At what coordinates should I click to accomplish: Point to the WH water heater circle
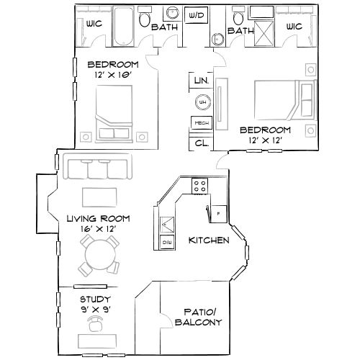tap(202, 102)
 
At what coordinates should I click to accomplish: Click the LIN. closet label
tap(200, 81)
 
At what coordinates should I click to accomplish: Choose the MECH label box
tap(200, 122)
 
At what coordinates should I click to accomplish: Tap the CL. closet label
tap(200, 143)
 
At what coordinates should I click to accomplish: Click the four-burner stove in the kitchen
tap(199, 186)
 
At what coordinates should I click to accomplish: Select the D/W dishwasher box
tap(167, 243)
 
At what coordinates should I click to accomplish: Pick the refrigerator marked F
tap(218, 213)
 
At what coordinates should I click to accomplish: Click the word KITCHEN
tap(209, 240)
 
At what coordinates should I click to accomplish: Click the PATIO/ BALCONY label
tap(194, 318)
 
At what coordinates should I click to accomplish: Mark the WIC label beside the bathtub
tap(93, 23)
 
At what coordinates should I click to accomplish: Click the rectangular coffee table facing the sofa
tap(100, 197)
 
